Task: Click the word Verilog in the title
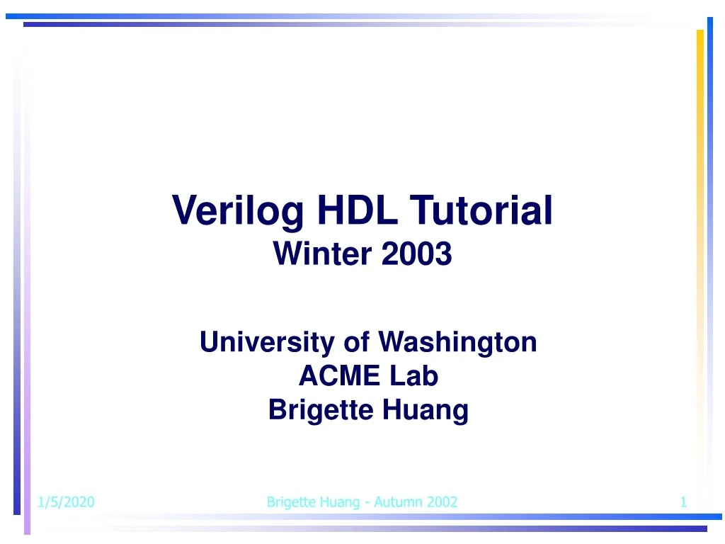pos(238,210)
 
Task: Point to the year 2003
pos(416,254)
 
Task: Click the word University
pos(267,342)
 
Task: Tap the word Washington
pos(457,342)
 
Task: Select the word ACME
pos(339,375)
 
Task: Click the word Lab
pos(413,375)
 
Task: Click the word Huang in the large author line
pos(426,410)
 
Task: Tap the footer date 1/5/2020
pos(66,502)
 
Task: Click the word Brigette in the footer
pos(290,502)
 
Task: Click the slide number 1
pos(683,502)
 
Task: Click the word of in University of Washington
pos(356,342)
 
